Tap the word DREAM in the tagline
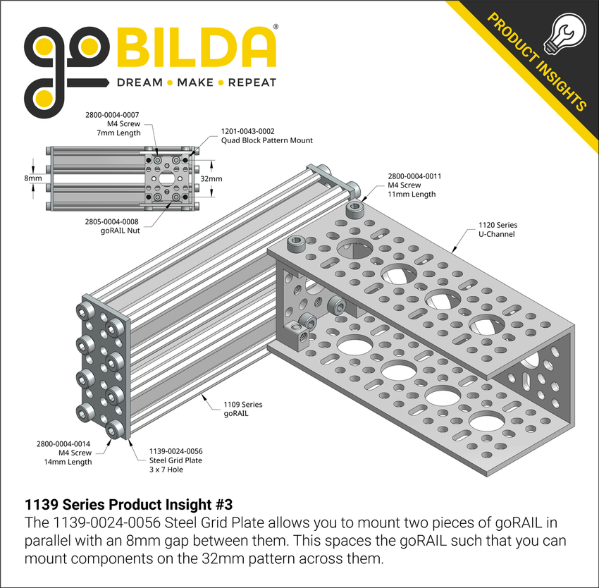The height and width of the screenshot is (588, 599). click(139, 83)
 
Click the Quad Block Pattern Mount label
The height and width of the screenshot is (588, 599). click(267, 140)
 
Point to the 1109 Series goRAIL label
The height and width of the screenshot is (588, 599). click(242, 409)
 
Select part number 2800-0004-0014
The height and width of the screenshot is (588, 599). click(63, 443)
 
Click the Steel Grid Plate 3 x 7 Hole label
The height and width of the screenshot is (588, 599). click(175, 460)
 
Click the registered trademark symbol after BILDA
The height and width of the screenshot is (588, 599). click(275, 27)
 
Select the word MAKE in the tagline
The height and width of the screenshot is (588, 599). click(196, 83)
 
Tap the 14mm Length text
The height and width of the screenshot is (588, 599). click(68, 462)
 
